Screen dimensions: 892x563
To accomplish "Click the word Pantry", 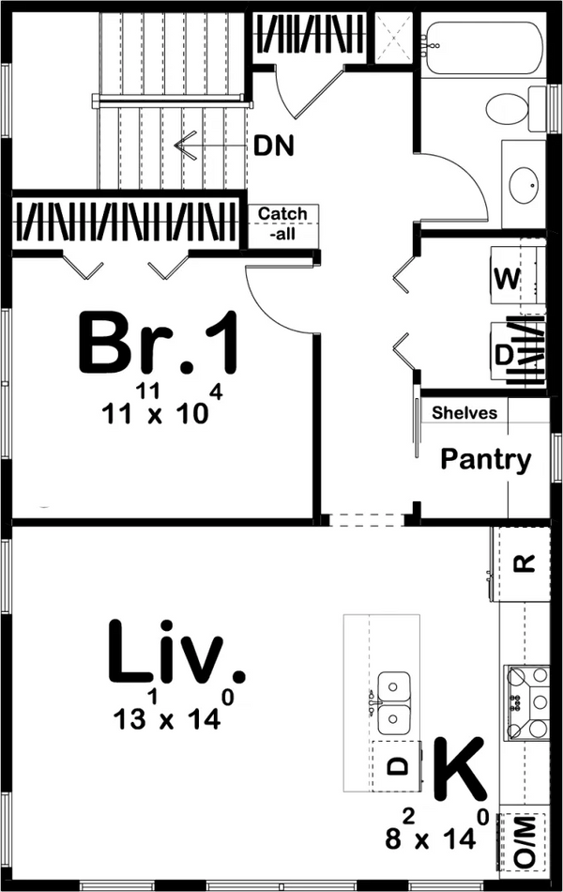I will point(486,460).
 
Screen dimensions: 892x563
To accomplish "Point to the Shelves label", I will point(465,412).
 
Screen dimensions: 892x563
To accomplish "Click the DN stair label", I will point(273,146).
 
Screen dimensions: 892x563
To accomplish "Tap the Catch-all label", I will point(282,223).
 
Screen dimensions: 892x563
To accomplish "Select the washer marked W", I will point(507,278).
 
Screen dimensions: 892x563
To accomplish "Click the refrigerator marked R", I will point(526,563).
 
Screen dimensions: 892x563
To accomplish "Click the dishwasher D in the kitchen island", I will point(398,765).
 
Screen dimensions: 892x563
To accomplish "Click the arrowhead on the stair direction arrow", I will point(182,146).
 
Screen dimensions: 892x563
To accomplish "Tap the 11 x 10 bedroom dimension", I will point(155,410).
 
